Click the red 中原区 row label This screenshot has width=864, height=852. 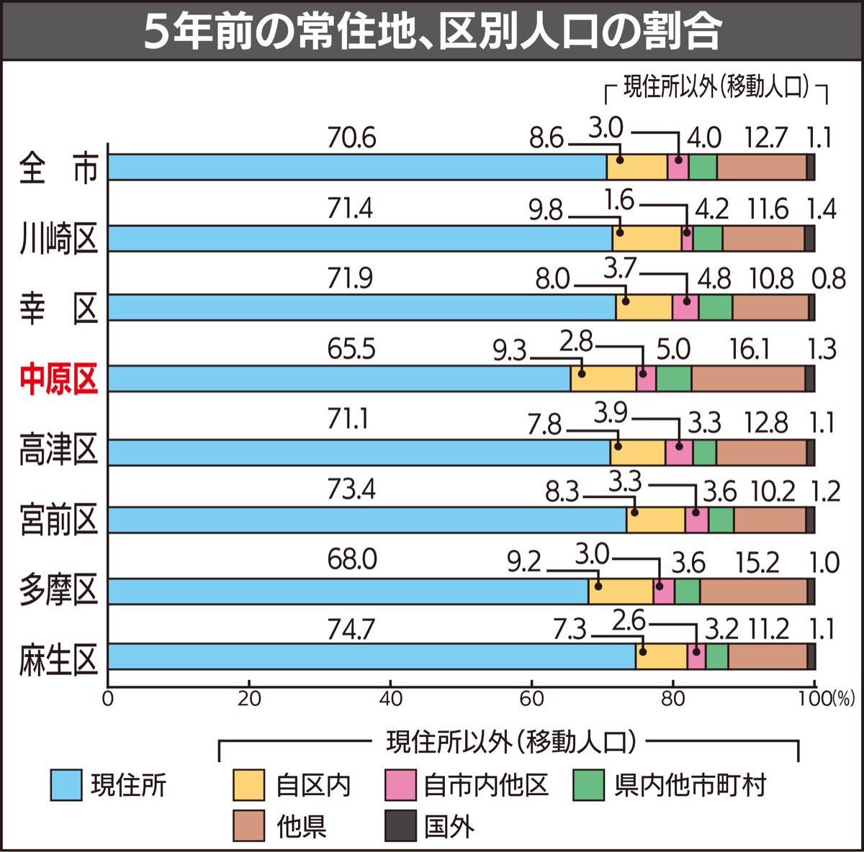58,379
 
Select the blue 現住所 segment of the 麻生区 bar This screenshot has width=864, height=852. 372,657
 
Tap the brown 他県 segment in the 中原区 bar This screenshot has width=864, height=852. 748,379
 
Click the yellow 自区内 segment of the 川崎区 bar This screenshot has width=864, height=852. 647,238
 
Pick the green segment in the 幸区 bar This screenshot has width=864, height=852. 715,308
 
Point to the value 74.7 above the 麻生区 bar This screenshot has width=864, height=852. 351,629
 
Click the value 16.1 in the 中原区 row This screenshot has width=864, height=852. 750,350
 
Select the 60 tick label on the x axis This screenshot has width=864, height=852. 532,699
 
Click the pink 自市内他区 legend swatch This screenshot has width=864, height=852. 400,785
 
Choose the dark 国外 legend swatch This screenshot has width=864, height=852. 400,825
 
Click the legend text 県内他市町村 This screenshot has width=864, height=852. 690,785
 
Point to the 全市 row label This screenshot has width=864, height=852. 58,168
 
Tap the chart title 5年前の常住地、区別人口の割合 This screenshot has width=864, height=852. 432,31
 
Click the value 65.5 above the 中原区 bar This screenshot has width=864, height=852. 351,349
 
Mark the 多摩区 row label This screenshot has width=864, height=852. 58,590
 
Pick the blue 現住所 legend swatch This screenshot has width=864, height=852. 66,785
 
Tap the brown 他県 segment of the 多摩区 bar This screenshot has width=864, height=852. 753,592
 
